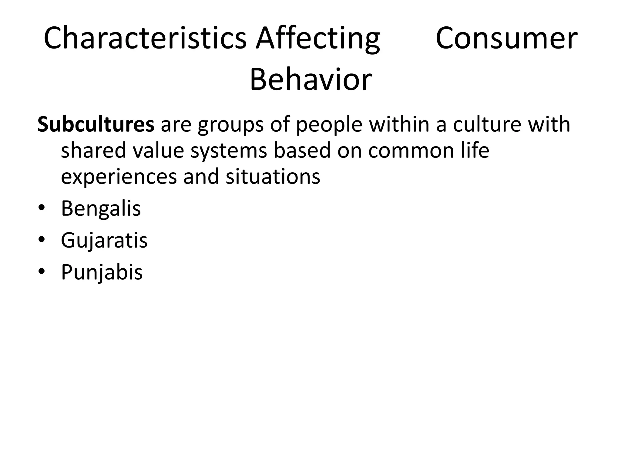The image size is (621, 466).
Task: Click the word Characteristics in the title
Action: tap(145, 38)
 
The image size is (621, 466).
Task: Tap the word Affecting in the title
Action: tap(317, 39)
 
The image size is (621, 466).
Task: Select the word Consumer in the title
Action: tap(506, 38)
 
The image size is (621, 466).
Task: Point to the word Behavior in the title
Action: tap(310, 79)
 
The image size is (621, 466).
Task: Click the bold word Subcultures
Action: tap(96, 124)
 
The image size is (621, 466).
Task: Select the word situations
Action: tap(273, 177)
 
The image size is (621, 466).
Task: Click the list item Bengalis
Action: tap(101, 209)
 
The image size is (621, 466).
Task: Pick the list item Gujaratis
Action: tap(104, 241)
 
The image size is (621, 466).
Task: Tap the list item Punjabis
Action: tap(102, 272)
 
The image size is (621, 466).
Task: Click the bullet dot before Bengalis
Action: tap(41, 209)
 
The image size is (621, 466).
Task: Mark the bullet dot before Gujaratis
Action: tap(41, 240)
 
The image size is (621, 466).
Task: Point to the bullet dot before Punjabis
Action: tap(41, 272)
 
